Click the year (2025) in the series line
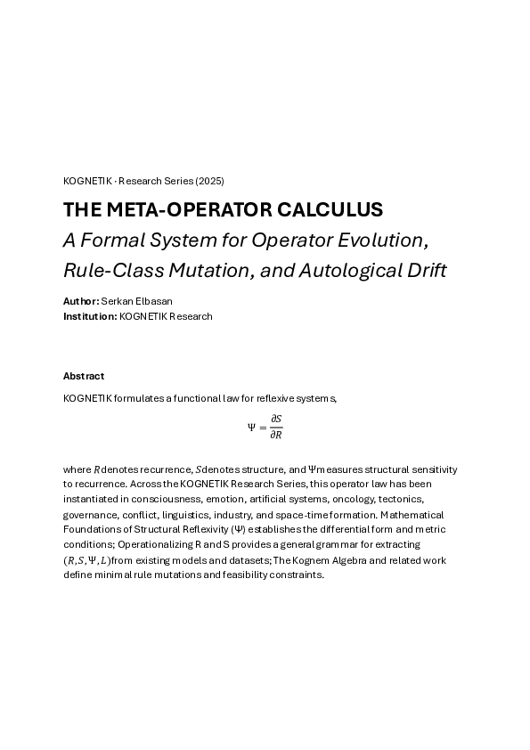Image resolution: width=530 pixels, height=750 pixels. pyautogui.click(x=209, y=181)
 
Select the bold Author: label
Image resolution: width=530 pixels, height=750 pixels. pyautogui.click(x=80, y=302)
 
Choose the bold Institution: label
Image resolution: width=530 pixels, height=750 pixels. pyautogui.click(x=90, y=316)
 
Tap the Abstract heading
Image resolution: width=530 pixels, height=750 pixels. pyautogui.click(x=84, y=376)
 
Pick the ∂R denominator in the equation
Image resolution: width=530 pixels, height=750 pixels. pyautogui.click(x=276, y=435)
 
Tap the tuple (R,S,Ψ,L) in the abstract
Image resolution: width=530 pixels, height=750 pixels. pyautogui.click(x=88, y=560)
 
